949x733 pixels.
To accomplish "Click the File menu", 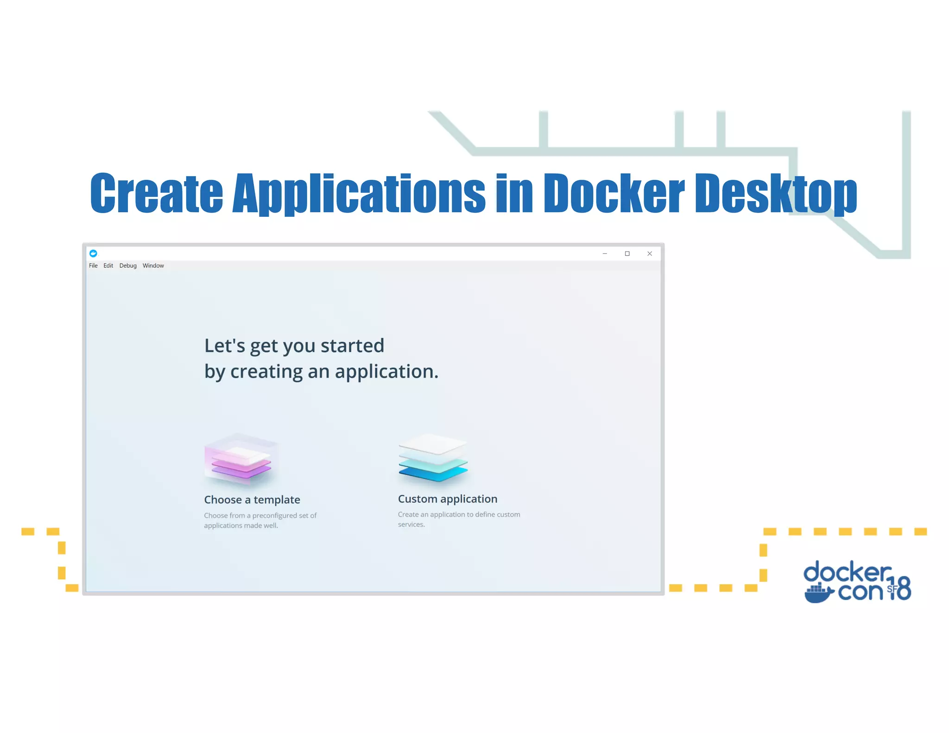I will (x=93, y=265).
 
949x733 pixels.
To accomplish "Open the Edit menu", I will (x=108, y=265).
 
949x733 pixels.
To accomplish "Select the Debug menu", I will (x=128, y=265).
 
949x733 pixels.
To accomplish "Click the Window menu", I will (x=153, y=265).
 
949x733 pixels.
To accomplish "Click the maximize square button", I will (x=627, y=253).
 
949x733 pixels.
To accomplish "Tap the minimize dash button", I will (x=605, y=253).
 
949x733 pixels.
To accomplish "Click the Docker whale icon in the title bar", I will (x=93, y=253).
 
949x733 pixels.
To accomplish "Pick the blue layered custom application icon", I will (x=433, y=459).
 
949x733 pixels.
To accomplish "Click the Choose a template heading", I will (x=252, y=499).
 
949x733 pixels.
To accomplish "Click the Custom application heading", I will (x=447, y=499).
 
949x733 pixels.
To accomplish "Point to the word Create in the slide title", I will (x=156, y=193).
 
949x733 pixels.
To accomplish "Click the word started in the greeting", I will (x=352, y=346).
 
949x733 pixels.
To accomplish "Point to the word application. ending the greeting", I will (x=386, y=372).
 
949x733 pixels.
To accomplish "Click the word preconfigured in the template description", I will (x=274, y=515).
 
